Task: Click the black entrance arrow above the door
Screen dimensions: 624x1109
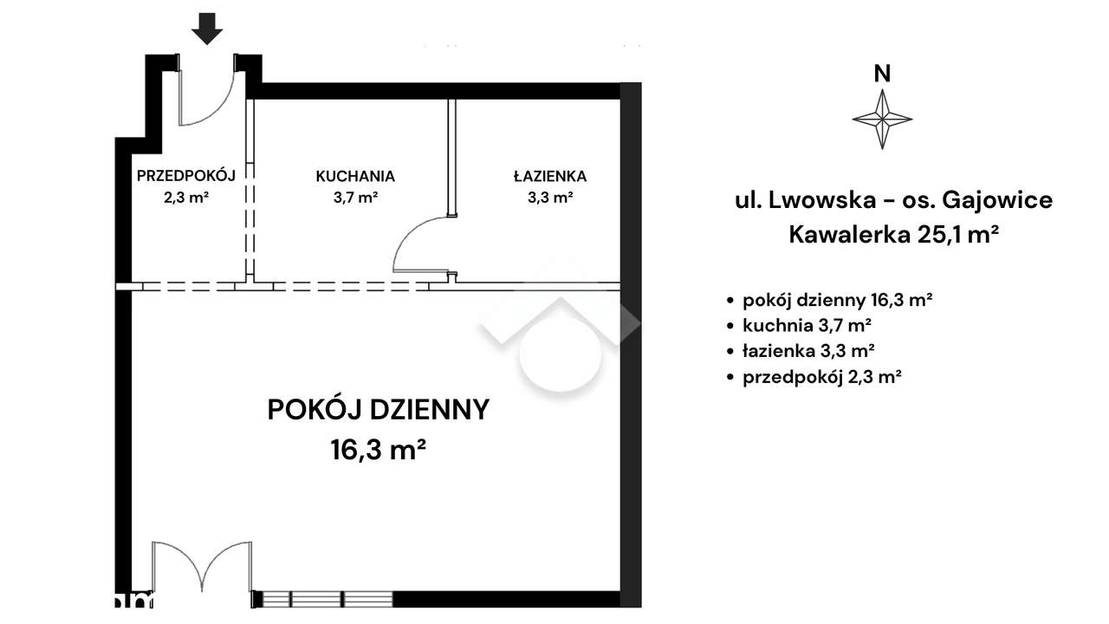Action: click(207, 29)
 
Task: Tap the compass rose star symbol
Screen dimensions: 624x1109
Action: click(882, 118)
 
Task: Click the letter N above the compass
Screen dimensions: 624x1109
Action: click(882, 74)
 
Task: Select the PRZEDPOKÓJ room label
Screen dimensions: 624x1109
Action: click(186, 176)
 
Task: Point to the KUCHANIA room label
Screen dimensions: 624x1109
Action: click(355, 176)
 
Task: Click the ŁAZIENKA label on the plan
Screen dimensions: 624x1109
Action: click(549, 176)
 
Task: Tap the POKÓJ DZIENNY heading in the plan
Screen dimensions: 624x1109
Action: click(379, 409)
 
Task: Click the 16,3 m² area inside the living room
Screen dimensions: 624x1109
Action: click(378, 450)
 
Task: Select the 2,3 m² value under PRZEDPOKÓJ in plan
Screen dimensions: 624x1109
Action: click(185, 197)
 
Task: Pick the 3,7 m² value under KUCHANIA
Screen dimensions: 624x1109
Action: click(355, 197)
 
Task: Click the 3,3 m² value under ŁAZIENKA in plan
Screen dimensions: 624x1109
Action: click(549, 197)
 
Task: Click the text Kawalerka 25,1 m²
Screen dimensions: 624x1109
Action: click(889, 234)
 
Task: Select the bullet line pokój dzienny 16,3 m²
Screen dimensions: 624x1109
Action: click(837, 301)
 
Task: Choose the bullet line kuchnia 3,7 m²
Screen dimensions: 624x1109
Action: click(807, 326)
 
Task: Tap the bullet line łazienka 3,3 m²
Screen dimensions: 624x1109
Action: click(808, 351)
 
